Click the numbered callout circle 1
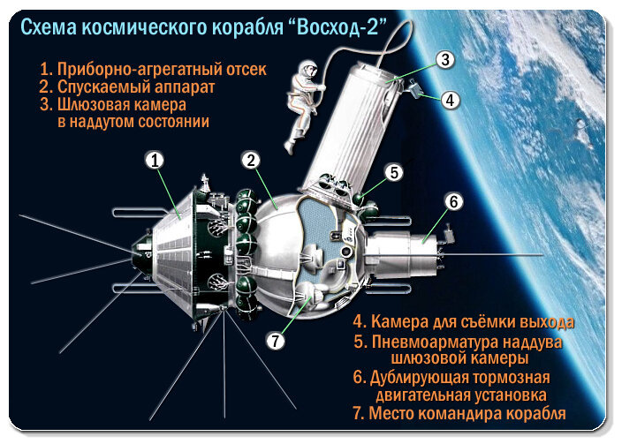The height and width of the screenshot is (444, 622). point(155,161)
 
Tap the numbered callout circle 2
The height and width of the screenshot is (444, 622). point(251,161)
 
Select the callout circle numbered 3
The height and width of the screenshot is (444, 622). point(445,59)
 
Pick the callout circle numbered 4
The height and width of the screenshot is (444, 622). point(451,100)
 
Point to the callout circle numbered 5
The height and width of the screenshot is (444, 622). point(394,172)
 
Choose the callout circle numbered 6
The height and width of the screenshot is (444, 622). point(454,201)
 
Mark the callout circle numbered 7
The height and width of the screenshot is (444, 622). point(276,340)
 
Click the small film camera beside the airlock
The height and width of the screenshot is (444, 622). point(415,89)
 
